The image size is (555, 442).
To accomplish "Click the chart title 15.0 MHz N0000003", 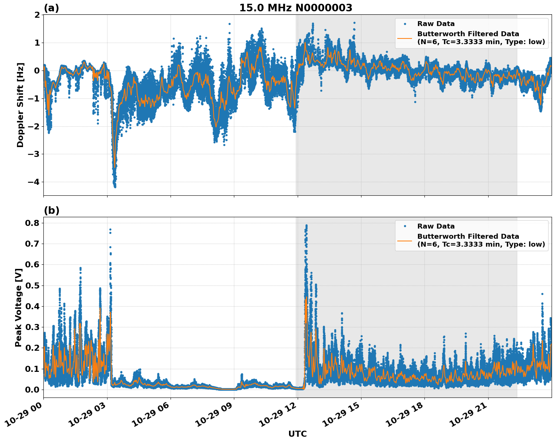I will click(x=295, y=8).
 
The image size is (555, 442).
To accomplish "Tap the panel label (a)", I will click(x=51, y=8).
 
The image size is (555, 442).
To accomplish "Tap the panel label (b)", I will click(x=51, y=210).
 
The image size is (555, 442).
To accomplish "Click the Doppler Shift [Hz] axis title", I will click(x=20, y=105).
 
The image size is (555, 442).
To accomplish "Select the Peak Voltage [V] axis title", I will click(x=18, y=307).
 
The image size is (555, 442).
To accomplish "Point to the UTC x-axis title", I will click(x=297, y=434).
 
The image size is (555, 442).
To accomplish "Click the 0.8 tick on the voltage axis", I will click(x=33, y=223).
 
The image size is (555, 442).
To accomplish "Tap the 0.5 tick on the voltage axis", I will click(x=33, y=285).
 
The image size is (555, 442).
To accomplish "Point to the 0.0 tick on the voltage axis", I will click(x=33, y=390).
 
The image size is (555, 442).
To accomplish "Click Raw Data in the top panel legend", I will click(x=436, y=24).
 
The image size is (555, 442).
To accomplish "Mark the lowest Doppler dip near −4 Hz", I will click(x=115, y=186).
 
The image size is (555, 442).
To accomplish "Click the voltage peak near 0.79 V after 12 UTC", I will click(x=306, y=226).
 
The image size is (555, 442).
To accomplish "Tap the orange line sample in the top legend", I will click(x=405, y=38).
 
